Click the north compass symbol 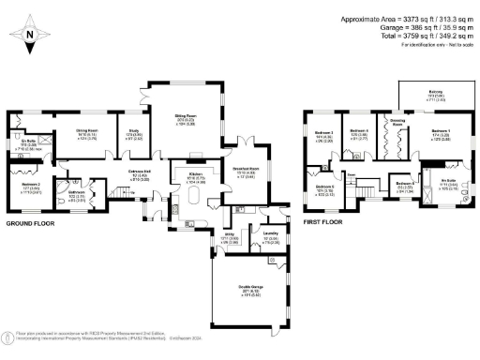click(x=30, y=36)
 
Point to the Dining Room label click(x=75, y=135)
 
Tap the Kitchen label click(x=196, y=173)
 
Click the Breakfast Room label click(x=246, y=170)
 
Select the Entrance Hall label click(x=142, y=172)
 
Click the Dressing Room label click(x=397, y=122)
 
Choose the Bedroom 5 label click(x=325, y=187)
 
